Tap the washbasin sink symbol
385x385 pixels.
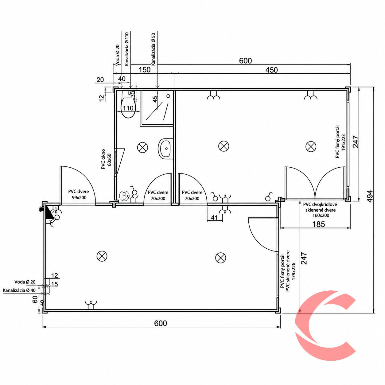click(x=165, y=149)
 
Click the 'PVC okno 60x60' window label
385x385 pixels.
click(x=106, y=159)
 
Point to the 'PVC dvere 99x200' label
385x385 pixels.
click(x=79, y=195)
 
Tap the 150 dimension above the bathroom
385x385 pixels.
click(x=144, y=70)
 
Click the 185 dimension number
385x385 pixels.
click(x=318, y=224)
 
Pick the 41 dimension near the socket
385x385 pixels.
click(x=214, y=217)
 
